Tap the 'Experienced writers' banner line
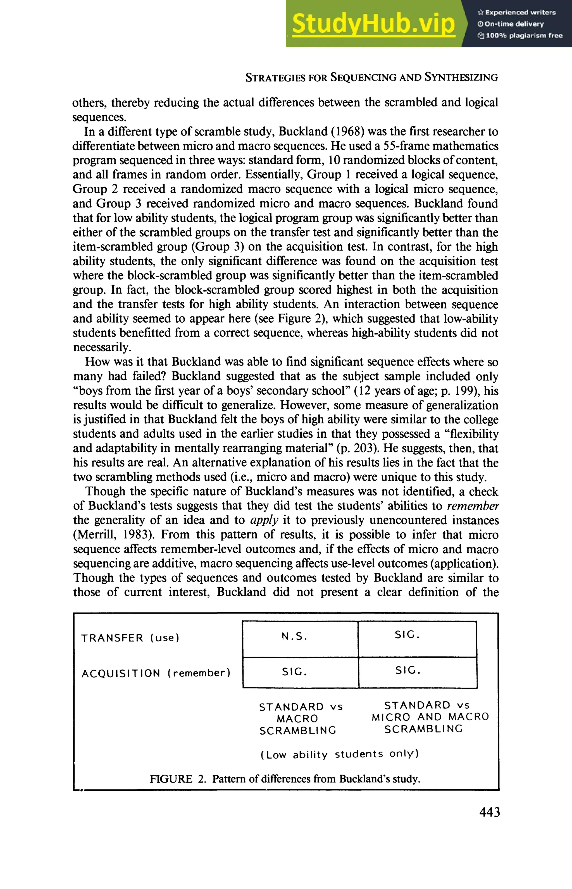[x=517, y=12]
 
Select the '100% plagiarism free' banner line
[x=520, y=36]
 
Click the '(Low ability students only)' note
[x=340, y=754]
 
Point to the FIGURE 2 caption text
[x=285, y=779]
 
